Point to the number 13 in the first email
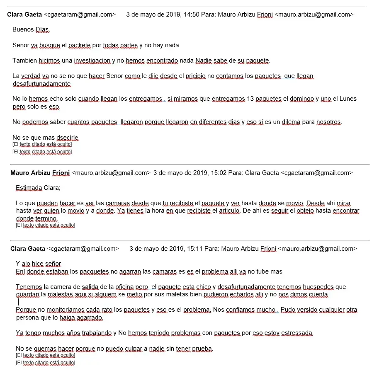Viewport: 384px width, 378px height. click(x=250, y=99)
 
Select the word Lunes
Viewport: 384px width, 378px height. click(x=348, y=99)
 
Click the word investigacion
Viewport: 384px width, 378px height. click(x=92, y=61)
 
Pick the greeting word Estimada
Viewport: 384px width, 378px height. click(x=29, y=188)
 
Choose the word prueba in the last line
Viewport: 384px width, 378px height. click(x=202, y=349)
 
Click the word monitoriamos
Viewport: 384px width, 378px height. click(x=67, y=310)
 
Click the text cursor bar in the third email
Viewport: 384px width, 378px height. click(x=18, y=302)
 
